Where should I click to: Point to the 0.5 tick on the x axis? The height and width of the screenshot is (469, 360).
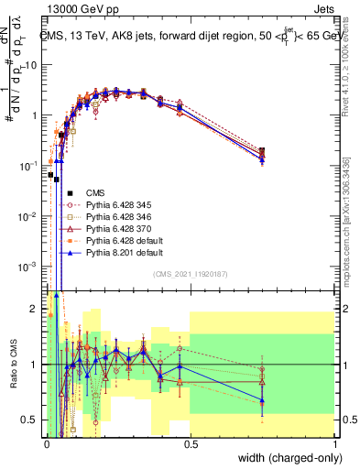pos(191,444)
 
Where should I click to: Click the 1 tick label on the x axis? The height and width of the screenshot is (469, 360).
pos(334,444)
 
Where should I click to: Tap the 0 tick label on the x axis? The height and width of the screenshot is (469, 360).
pos(47,444)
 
